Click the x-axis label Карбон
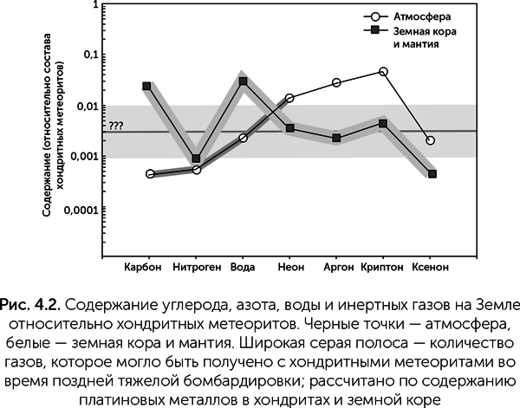point(143,265)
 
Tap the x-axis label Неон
point(289,265)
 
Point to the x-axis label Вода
point(243,265)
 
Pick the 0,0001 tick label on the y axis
point(83,210)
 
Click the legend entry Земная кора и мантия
point(424,36)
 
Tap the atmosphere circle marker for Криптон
point(384,71)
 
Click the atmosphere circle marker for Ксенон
point(431,140)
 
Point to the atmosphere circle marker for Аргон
point(336,83)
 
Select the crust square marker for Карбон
point(147,86)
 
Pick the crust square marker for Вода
point(244,81)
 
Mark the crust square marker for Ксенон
point(432,174)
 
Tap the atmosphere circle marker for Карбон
point(151,174)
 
